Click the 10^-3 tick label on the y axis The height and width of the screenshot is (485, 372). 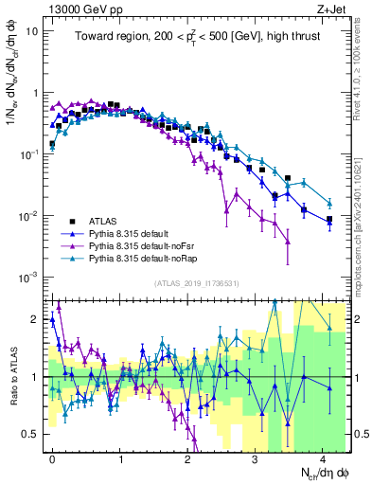coord(31,278)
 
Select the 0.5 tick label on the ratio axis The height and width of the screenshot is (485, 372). coord(33,434)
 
